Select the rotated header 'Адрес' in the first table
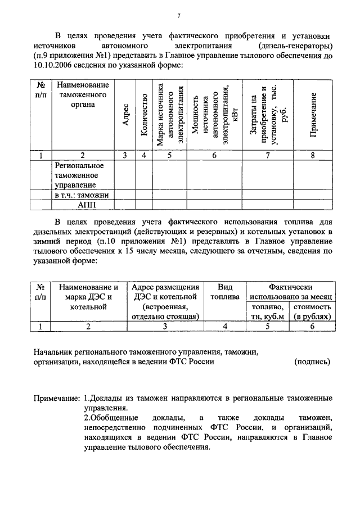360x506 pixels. coord(126,115)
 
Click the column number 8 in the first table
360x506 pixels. coord(312,156)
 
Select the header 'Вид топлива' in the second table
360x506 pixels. coord(225,292)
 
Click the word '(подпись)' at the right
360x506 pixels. coord(312,362)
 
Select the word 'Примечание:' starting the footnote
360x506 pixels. coord(57,397)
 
